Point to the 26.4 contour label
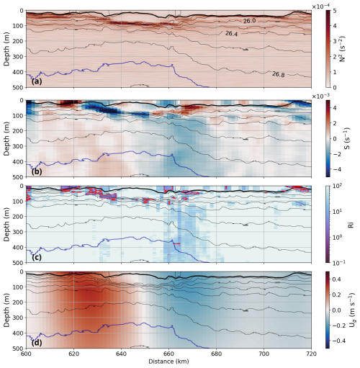[231, 34]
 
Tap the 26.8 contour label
[279, 73]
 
